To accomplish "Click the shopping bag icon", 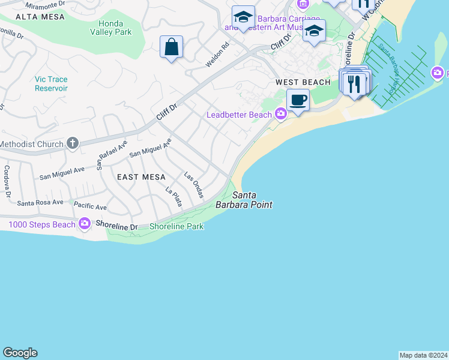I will [172, 47].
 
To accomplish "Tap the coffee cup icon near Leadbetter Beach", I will [297, 100].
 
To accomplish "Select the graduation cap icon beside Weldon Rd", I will [243, 17].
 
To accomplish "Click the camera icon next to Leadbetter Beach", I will [280, 114].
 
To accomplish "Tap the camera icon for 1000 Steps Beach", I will [84, 224].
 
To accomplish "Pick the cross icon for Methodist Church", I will [72, 143].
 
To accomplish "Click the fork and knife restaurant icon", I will [354, 83].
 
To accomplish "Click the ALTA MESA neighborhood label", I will [26, 17].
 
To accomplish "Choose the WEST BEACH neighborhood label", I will [303, 82].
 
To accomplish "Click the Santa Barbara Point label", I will [252, 200].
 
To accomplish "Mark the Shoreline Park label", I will [176, 226].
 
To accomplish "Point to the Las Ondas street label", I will [194, 185].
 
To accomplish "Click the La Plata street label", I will [173, 197].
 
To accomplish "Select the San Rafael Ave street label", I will [113, 154].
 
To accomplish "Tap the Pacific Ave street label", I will [90, 206].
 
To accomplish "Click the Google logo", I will [20, 353].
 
